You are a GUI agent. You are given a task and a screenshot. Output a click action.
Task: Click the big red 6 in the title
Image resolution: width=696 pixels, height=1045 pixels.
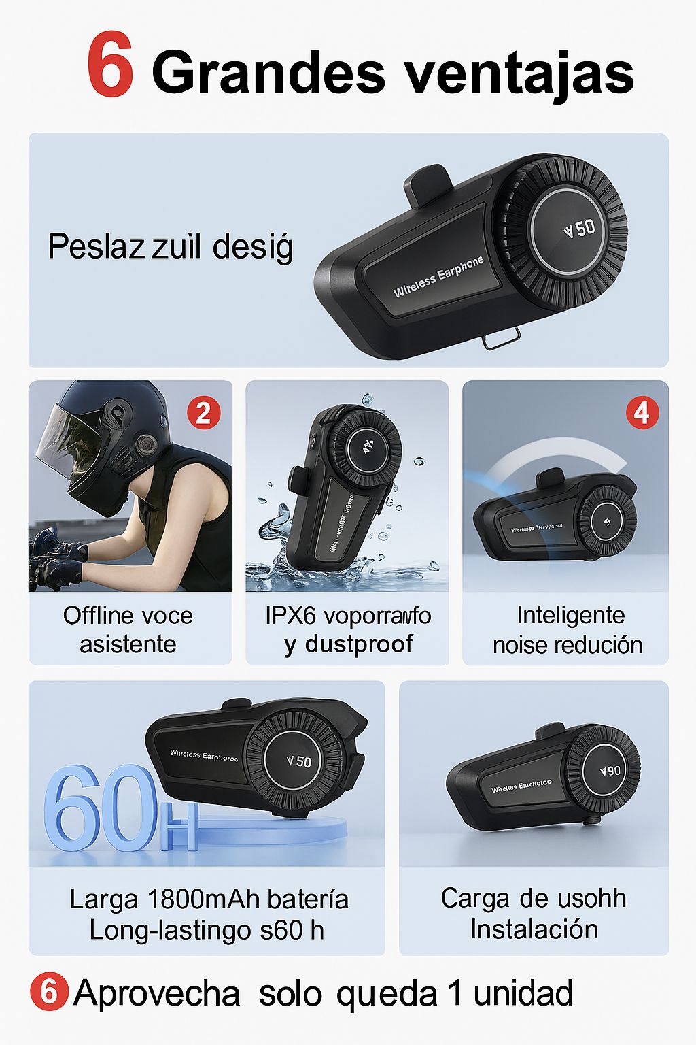111,69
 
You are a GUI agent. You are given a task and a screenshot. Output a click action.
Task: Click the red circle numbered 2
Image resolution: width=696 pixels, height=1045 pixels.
203,413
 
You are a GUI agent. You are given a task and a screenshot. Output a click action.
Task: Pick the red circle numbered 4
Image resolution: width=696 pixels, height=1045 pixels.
642,413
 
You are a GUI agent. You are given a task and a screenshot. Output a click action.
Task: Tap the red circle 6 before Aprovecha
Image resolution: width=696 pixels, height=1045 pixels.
49,993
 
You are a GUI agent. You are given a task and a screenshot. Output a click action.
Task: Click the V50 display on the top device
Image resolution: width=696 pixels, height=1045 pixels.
579,229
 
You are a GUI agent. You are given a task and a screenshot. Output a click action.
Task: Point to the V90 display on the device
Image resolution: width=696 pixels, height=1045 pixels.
610,771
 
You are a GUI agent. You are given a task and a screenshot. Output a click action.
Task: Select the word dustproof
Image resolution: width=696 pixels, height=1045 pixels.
359,644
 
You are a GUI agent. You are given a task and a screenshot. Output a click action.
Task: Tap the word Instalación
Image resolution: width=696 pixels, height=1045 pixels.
534,929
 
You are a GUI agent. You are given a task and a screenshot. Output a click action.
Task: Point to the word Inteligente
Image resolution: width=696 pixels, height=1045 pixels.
570,615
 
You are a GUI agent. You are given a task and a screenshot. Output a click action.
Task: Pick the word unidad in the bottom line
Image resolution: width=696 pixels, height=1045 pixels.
523,993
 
